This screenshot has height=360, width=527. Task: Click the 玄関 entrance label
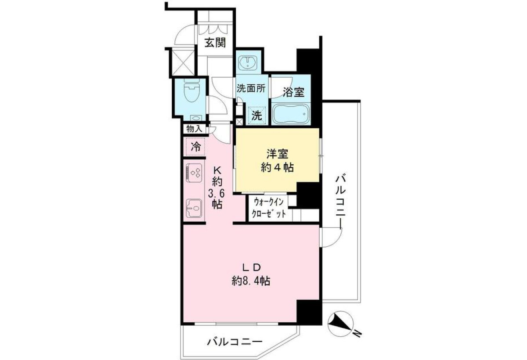215,43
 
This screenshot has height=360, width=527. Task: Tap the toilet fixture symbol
191,91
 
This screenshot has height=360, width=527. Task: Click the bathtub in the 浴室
291,113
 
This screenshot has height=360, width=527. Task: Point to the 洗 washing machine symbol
257,115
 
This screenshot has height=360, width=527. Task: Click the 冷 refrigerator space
195,147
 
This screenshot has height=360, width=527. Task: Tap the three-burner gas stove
194,173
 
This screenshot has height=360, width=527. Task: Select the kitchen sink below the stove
194,209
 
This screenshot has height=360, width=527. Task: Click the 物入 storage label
194,129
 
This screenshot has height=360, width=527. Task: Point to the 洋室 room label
277,154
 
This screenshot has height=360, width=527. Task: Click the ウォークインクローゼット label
269,208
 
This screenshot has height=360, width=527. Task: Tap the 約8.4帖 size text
251,281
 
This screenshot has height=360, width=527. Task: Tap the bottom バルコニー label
235,342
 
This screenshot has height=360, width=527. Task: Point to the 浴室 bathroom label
293,92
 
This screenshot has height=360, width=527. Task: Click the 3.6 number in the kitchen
216,194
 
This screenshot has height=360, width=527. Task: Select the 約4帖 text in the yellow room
277,168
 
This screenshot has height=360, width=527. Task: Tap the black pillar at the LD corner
309,312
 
